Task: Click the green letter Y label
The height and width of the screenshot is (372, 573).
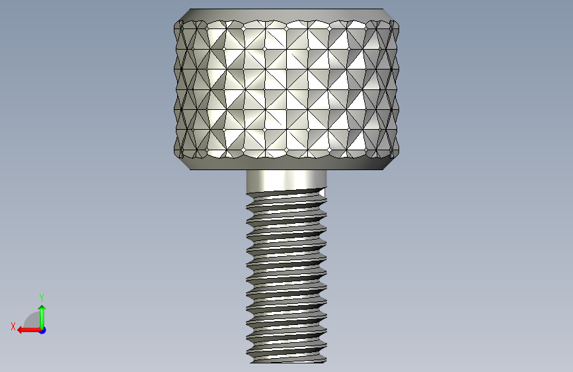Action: pos(42,297)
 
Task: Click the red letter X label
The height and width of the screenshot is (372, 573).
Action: pos(13,326)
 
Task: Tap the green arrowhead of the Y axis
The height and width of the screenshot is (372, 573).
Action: pos(42,308)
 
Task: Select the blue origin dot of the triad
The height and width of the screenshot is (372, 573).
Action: pos(42,330)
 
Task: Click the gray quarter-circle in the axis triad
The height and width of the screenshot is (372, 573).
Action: pos(32,321)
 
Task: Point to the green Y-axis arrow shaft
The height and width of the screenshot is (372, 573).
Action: pos(42,319)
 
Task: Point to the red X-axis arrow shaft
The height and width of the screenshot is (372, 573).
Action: pos(32,330)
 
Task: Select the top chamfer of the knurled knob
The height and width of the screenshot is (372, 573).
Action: pos(287,15)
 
